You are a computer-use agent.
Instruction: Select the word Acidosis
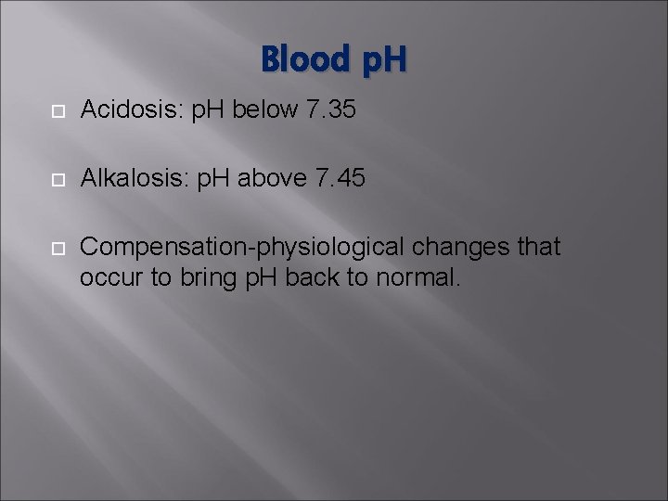tap(132, 111)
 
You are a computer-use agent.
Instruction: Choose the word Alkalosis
tap(134, 179)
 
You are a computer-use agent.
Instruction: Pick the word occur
tap(107, 276)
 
